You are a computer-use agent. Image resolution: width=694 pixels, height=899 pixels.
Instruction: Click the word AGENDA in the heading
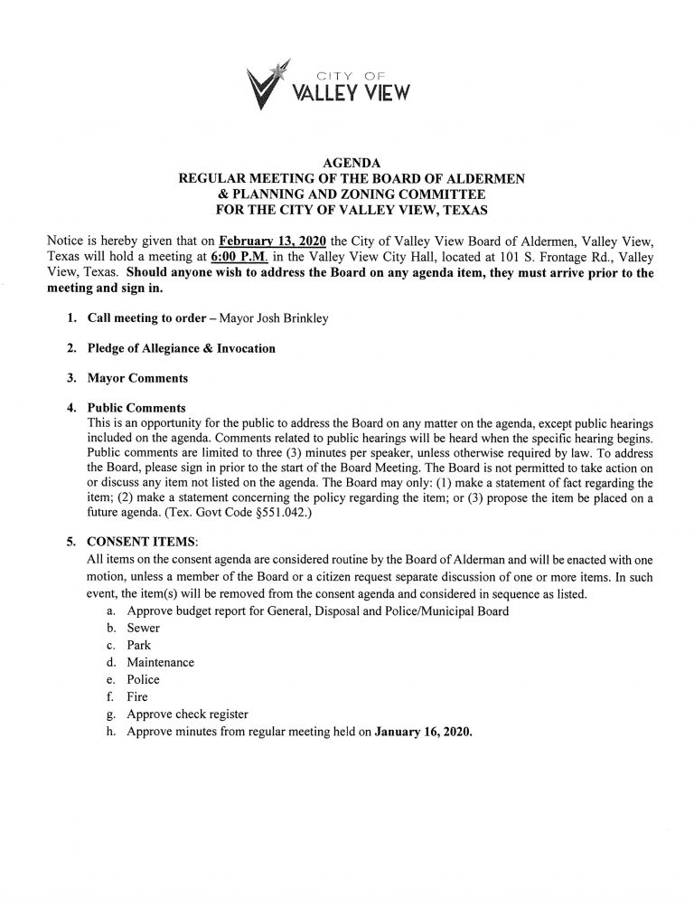pos(346,163)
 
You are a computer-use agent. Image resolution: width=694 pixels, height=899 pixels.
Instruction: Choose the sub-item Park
pos(139,644)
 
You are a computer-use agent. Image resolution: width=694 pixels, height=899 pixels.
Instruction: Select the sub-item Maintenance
pos(161,662)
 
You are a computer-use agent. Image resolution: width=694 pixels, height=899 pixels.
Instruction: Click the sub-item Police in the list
pos(144,679)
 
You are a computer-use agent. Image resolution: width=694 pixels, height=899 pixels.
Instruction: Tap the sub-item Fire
pos(137,697)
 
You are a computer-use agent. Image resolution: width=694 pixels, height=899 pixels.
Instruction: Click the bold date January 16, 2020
pos(423,733)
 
